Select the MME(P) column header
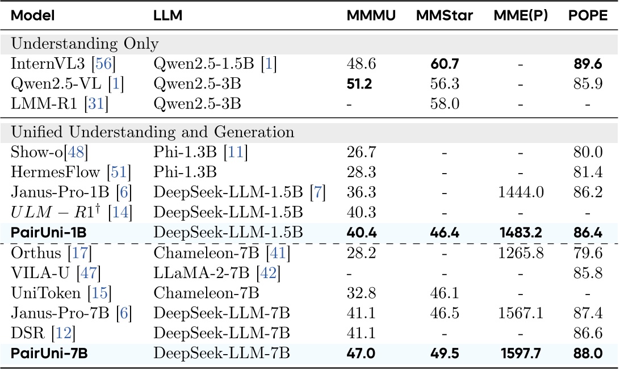pos(521,15)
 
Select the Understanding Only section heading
pos(85,44)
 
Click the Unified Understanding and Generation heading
pos(153,132)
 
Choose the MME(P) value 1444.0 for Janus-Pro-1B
pos(520,192)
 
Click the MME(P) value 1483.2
pos(520,232)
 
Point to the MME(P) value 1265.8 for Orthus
pos(520,253)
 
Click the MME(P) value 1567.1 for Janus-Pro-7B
pos(520,314)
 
